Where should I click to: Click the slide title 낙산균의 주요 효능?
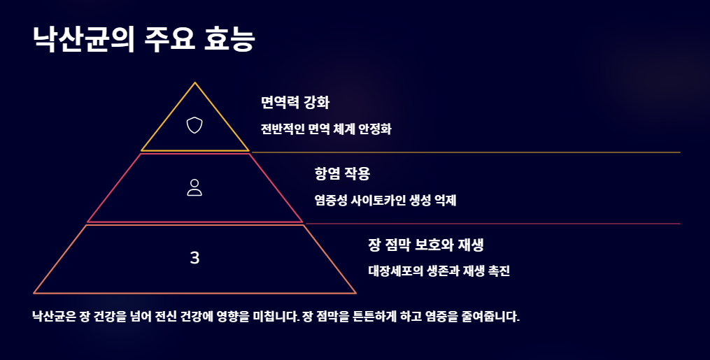pyautogui.click(x=143, y=39)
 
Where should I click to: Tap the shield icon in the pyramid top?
pyautogui.click(x=194, y=125)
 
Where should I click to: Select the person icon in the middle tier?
pyautogui.click(x=194, y=187)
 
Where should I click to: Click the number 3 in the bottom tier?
pyautogui.click(x=194, y=258)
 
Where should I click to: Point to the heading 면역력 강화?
pyautogui.click(x=294, y=103)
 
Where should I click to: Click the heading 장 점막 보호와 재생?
pyautogui.click(x=427, y=245)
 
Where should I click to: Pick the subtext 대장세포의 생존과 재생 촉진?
pyautogui.click(x=439, y=271)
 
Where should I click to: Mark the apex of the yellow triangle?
pyautogui.click(x=195, y=83)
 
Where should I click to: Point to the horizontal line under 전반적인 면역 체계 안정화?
pyautogui.click(x=465, y=152)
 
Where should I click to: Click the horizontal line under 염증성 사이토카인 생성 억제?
pyautogui.click(x=492, y=224)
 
